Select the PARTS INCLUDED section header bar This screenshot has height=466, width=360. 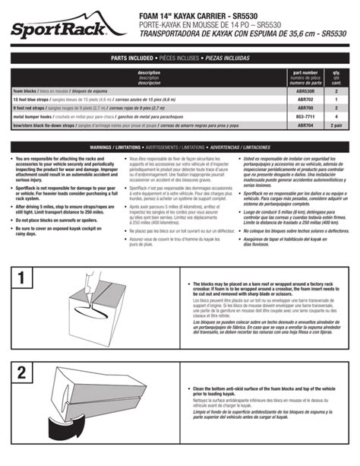pyautogui.click(x=180, y=58)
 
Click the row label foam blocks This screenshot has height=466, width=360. pyautogui.click(x=27, y=90)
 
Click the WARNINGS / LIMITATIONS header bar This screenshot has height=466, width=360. pyautogui.click(x=180, y=146)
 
